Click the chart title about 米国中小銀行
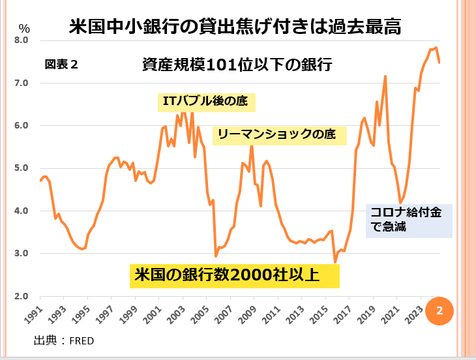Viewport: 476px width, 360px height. [235, 27]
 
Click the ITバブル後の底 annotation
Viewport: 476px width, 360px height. [204, 102]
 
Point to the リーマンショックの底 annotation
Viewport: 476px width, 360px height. [276, 135]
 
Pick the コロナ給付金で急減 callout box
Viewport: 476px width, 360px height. [409, 220]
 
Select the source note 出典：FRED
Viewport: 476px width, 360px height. [64, 339]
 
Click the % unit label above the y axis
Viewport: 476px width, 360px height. [24, 28]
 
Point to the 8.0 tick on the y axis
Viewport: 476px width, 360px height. [22, 40]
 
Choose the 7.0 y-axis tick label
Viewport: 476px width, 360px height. [22, 83]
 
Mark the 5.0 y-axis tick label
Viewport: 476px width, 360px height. [22, 168]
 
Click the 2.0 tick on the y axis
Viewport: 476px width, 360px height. [22, 296]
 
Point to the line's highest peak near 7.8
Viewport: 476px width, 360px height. [436, 48]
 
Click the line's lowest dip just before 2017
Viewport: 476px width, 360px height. [335, 262]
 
